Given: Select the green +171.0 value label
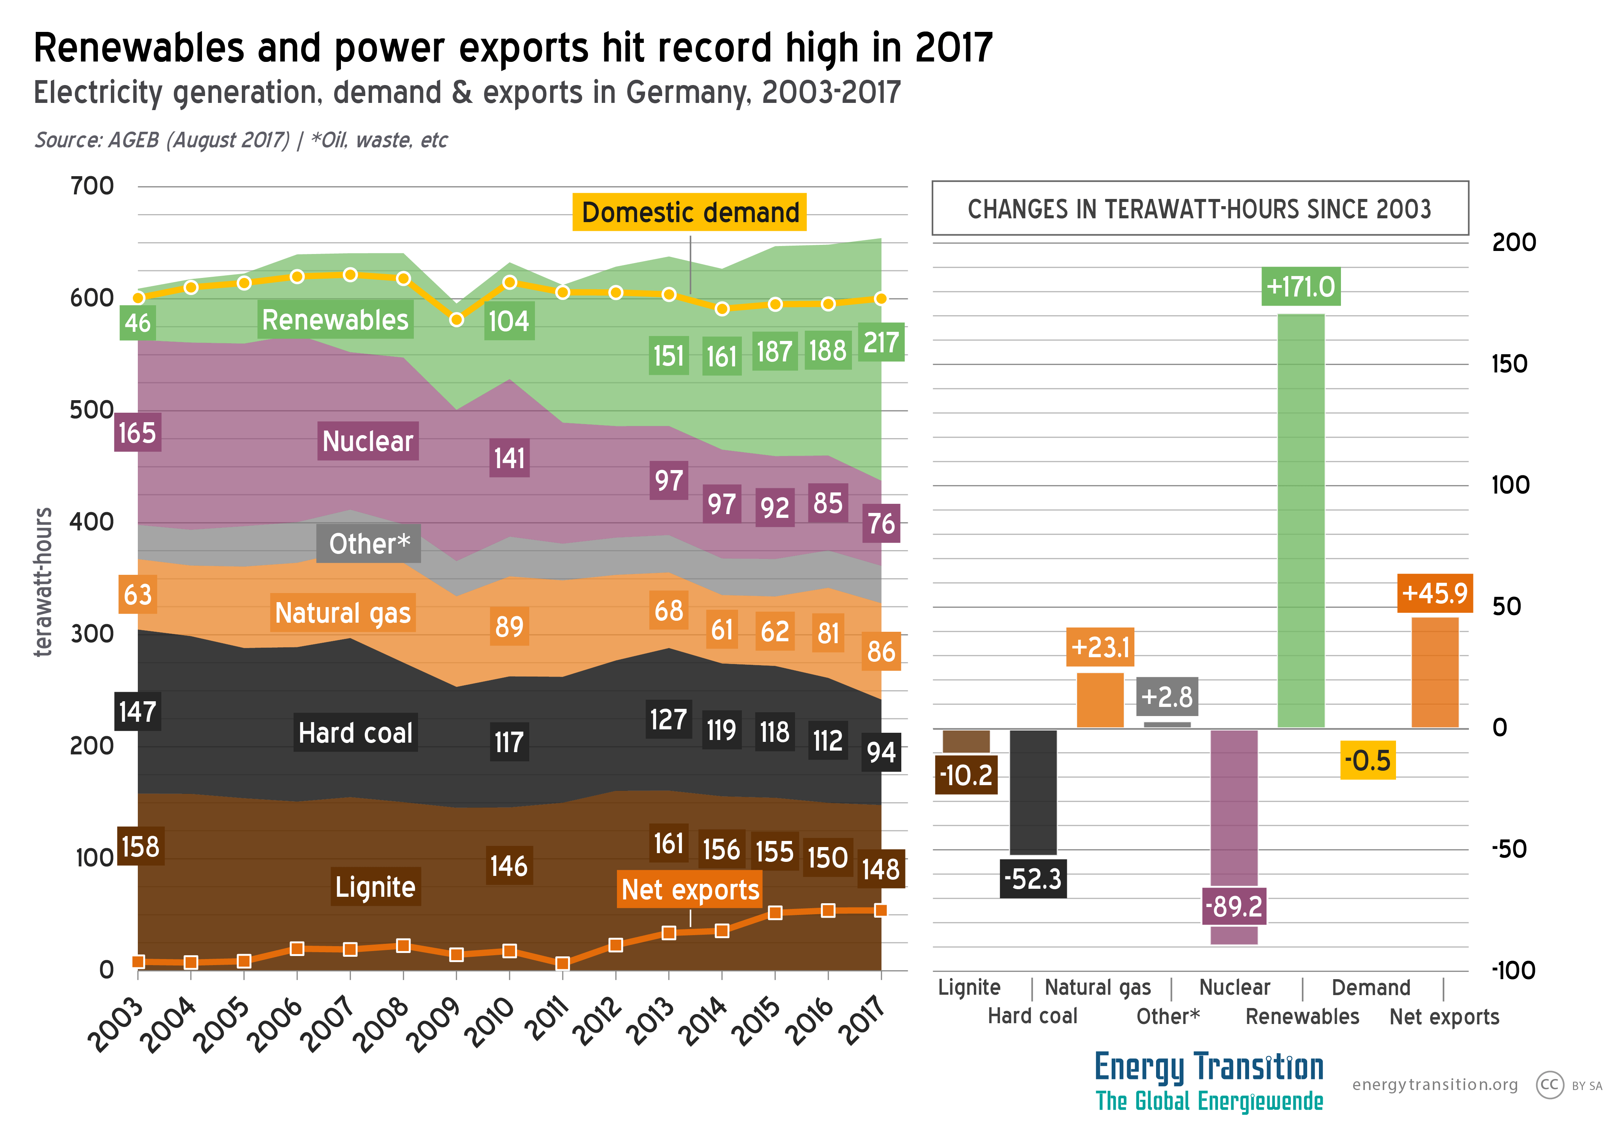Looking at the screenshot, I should point(1300,287).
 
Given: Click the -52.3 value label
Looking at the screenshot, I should point(1033,879).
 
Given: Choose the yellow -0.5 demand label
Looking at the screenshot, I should point(1368,760).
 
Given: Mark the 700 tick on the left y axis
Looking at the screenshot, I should point(92,186).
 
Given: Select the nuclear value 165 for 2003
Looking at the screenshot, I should point(137,432).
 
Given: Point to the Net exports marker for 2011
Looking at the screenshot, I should point(562,963).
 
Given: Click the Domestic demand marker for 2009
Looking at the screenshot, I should point(456,320).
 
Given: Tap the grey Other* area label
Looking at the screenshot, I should point(368,543).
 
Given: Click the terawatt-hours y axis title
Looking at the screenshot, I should point(44,582).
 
